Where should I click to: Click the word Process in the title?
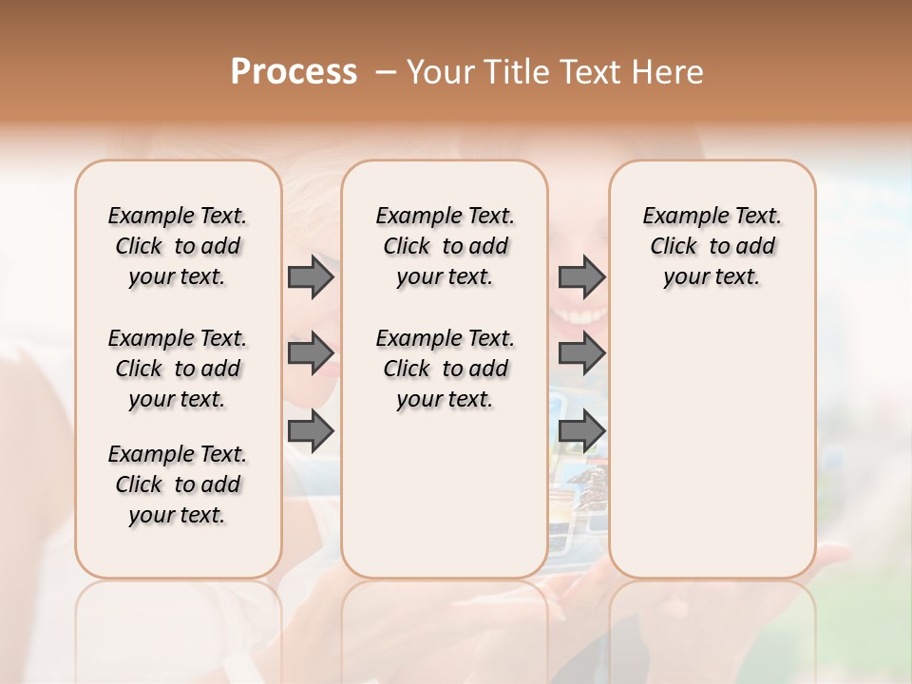point(294,72)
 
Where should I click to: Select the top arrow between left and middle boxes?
point(311,277)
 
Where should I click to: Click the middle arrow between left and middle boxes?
point(311,353)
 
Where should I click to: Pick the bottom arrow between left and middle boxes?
point(311,430)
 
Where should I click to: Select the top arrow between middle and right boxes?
point(581,277)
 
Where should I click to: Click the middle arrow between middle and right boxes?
point(581,353)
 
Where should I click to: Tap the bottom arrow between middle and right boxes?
point(581,430)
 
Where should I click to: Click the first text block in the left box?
point(178,246)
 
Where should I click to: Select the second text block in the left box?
point(178,369)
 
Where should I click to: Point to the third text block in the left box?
point(178,484)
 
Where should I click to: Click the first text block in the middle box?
point(445,246)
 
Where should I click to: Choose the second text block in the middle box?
point(445,369)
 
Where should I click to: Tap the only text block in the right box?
point(712,246)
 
